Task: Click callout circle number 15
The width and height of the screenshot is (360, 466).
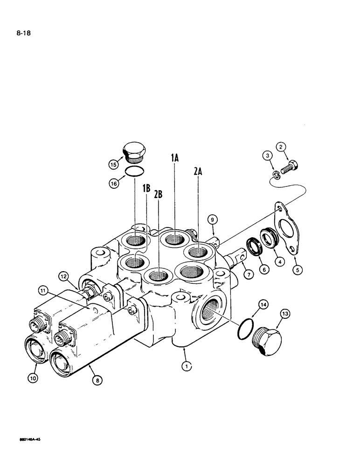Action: pyautogui.click(x=113, y=164)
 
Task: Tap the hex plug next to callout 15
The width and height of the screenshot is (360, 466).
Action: pyautogui.click(x=134, y=152)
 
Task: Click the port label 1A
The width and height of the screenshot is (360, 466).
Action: pyautogui.click(x=175, y=159)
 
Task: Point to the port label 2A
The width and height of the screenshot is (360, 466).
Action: pyautogui.click(x=198, y=171)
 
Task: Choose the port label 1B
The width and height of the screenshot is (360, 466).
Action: pyautogui.click(x=146, y=188)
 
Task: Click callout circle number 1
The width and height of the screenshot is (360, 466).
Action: pyautogui.click(x=187, y=367)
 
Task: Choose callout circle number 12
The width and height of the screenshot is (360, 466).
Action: pyautogui.click(x=64, y=276)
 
